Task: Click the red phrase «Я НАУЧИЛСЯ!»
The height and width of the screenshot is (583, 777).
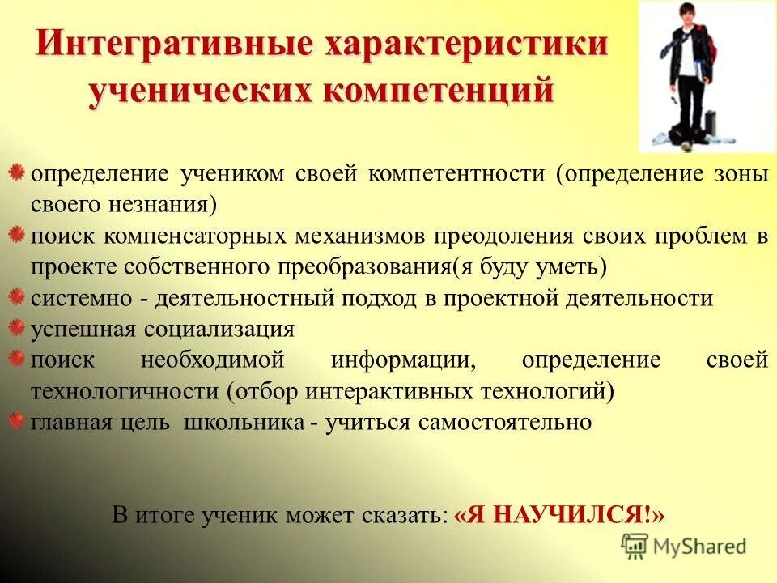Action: click(560, 515)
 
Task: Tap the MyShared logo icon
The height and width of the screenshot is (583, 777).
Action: click(635, 546)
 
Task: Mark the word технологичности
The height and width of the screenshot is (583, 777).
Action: click(125, 392)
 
